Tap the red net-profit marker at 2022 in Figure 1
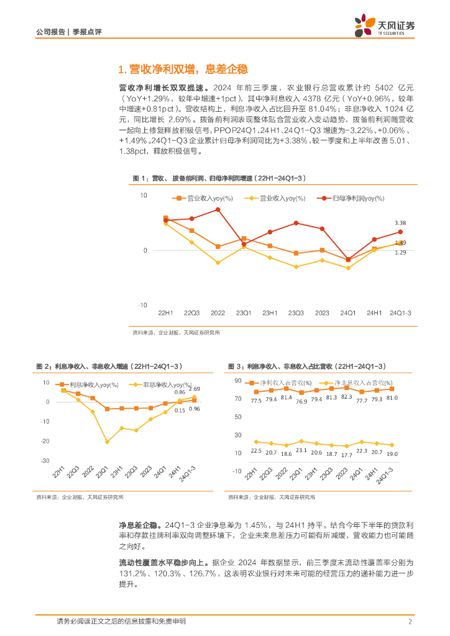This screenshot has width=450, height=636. [x=218, y=209]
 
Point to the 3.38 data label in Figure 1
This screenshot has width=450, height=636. [x=400, y=223]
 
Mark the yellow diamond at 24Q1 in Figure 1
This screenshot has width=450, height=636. [x=348, y=268]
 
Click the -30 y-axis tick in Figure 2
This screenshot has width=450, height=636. [x=45, y=461]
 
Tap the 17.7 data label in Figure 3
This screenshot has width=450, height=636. [x=346, y=455]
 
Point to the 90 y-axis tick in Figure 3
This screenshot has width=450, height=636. [x=237, y=380]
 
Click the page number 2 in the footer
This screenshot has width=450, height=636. [x=410, y=622]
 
